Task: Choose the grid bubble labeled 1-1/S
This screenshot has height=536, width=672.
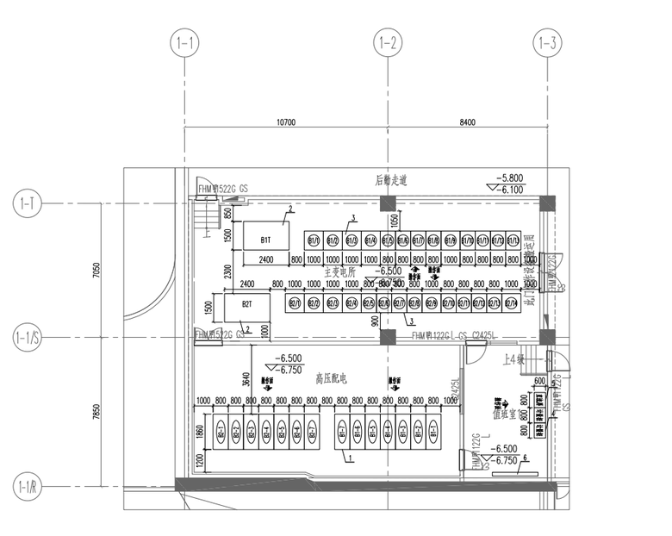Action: coord(28,336)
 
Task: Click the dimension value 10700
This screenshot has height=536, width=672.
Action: coord(286,123)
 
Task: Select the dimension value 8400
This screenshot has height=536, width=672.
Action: coord(467,123)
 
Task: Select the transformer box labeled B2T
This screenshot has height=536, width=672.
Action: coord(247,304)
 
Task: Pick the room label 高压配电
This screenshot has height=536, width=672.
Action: coord(330,377)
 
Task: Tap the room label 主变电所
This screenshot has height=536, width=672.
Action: coord(339,271)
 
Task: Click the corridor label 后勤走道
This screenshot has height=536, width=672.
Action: coord(390,181)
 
